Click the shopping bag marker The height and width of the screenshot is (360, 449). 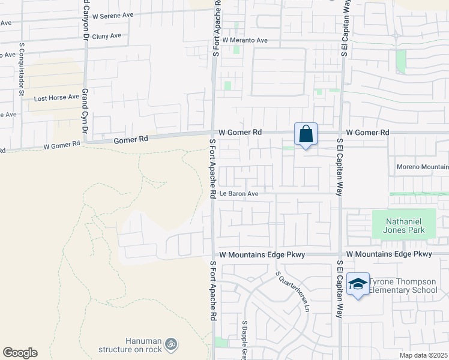pyautogui.click(x=306, y=134)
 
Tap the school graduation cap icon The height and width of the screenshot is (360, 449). pyautogui.click(x=358, y=284)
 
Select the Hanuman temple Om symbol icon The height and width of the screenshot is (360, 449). pyautogui.click(x=170, y=344)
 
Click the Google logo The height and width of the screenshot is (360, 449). pyautogui.click(x=20, y=353)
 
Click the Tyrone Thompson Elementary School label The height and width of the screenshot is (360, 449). pyautogui.click(x=403, y=286)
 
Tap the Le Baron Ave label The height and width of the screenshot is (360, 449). pyautogui.click(x=238, y=194)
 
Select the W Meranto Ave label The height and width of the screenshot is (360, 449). pyautogui.click(x=245, y=40)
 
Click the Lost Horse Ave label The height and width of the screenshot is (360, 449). pyautogui.click(x=56, y=97)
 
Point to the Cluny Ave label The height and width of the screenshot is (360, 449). pyautogui.click(x=107, y=36)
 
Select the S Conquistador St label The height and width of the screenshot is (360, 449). pyautogui.click(x=21, y=69)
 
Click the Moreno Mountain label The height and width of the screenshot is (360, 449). pyautogui.click(x=422, y=166)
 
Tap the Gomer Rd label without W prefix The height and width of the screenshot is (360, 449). pyautogui.click(x=130, y=140)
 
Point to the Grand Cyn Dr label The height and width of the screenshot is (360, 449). pyautogui.click(x=85, y=114)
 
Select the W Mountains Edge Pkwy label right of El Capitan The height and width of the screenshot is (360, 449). pyautogui.click(x=389, y=254)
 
